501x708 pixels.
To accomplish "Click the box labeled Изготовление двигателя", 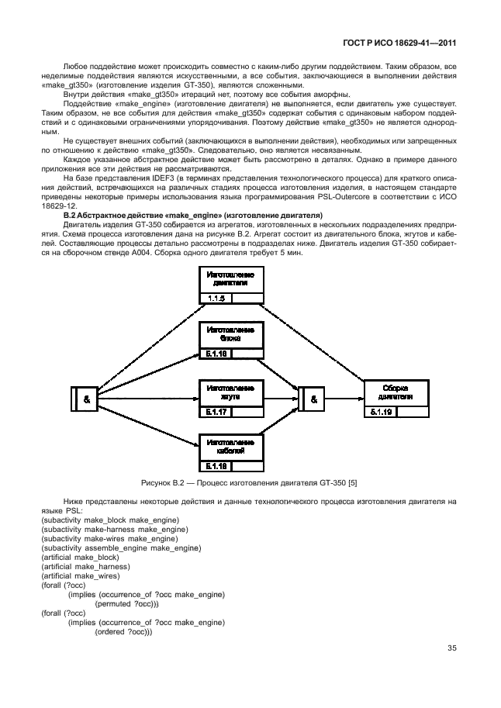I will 231,280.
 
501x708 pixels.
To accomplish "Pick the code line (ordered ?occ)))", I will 123,631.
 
